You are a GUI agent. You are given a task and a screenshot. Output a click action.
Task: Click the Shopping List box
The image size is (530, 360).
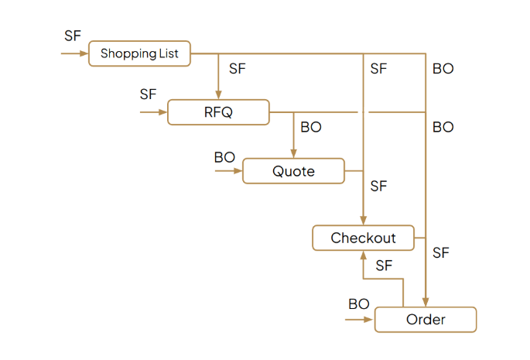pos(139,54)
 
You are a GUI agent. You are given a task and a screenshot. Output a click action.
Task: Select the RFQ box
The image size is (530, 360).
pos(218,112)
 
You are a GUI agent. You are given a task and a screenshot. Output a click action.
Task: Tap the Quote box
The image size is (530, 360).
pos(293,170)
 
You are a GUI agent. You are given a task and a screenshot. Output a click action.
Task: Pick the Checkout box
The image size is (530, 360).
pos(363,238)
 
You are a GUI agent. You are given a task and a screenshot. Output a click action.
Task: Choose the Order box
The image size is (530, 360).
pos(426,320)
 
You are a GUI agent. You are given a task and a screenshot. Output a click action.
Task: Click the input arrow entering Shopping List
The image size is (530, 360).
pos(75,54)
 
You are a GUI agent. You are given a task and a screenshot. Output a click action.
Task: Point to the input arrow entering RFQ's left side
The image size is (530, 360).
pos(154,112)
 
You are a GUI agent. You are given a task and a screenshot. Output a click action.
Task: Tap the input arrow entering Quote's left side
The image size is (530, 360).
pos(229,170)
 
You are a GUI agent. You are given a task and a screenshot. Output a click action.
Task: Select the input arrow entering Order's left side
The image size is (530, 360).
pos(361,318)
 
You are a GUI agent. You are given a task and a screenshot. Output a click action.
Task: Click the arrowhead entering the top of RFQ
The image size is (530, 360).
pos(218,94)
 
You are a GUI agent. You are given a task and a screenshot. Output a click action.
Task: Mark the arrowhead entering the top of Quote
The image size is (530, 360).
pos(293,153)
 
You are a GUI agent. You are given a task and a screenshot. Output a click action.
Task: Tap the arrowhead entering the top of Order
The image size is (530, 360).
pos(426,301)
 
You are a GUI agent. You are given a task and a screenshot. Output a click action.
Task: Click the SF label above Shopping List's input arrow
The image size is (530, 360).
pos(73,36)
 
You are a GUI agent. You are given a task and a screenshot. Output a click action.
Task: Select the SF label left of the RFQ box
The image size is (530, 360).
pos(148,94)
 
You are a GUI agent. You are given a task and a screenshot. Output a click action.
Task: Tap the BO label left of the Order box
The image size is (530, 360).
pos(359,304)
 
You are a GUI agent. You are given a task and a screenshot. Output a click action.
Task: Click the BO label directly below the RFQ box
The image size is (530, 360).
pos(311,127)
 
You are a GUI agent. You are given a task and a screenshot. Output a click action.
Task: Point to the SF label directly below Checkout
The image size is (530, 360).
pos(384,266)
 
